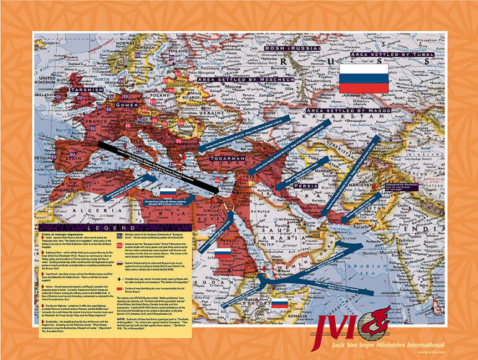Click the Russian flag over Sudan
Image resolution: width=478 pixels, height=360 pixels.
[223, 253]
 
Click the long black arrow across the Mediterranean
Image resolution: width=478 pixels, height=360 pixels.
[155, 166]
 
